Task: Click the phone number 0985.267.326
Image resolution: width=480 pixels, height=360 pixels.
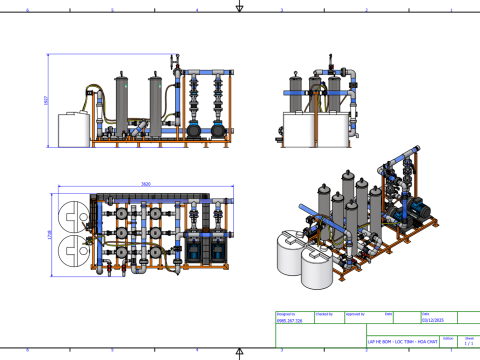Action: coord(289,321)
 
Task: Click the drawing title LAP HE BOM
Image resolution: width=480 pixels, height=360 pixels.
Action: coord(397,341)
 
